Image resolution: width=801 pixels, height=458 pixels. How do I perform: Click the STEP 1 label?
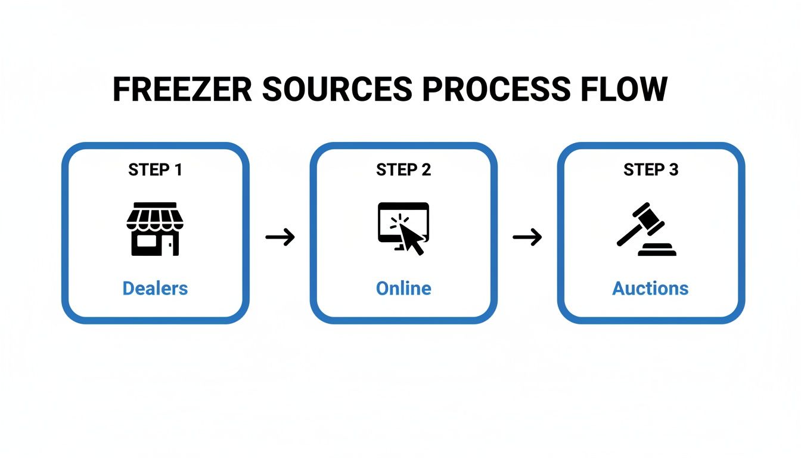coord(155,170)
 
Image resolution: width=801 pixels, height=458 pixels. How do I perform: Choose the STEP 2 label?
coord(403,170)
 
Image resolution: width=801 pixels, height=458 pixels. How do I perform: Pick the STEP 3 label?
coord(651,170)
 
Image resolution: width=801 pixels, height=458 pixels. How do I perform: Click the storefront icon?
coord(155,229)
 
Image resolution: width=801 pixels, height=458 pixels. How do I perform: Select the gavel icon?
coord(646,230)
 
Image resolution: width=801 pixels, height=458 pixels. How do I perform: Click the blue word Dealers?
coord(155,289)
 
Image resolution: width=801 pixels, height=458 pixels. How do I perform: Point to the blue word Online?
coord(403,289)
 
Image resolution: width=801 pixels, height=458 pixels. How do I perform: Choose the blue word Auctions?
coord(650,289)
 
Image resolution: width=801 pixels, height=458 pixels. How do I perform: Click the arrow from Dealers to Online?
coord(280,237)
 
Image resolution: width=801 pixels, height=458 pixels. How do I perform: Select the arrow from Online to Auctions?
coord(527,237)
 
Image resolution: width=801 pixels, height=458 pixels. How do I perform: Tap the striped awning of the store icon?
coord(155,217)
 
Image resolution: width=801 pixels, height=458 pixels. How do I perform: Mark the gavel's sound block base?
coord(657,250)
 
